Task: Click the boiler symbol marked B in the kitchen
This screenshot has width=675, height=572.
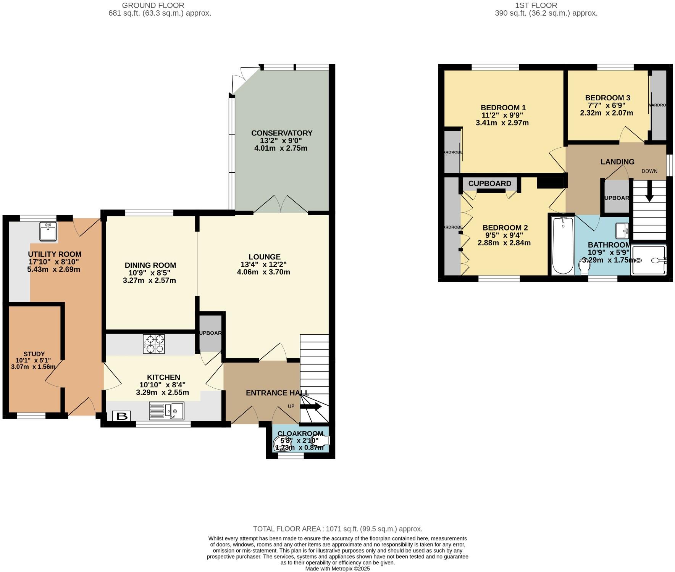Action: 121,416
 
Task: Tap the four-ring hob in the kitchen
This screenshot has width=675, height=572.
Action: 154,344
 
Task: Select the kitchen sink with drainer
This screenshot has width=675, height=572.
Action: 166,411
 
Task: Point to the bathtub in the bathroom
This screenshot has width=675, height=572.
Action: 563,245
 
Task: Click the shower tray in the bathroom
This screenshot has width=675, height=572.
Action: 648,260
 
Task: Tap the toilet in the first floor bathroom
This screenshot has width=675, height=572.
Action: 584,266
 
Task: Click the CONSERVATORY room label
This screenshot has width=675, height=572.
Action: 282,133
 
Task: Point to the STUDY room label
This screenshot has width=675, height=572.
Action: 34,354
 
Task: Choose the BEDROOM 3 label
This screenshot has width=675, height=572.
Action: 607,98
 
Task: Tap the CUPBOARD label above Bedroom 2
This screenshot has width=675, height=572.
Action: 489,184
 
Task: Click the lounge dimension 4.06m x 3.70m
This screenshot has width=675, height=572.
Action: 263,272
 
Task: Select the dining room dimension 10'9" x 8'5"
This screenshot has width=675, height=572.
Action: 149,273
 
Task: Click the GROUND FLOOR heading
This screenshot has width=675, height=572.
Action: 153,5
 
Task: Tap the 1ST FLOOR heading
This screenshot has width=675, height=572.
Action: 536,5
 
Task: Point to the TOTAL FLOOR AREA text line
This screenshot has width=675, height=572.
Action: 337,529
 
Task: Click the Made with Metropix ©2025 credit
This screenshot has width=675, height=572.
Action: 337,569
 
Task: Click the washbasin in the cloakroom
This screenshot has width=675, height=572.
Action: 282,442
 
